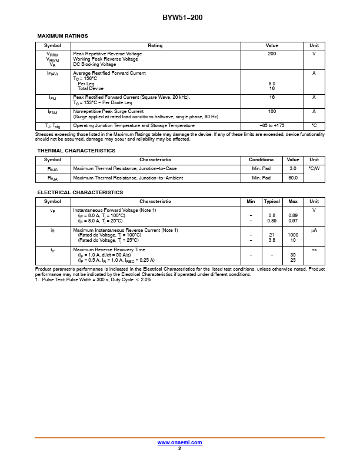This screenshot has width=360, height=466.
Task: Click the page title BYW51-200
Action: point(182,18)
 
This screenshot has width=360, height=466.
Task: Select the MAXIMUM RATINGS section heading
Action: point(62,36)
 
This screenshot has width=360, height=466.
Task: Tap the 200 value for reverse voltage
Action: point(272,54)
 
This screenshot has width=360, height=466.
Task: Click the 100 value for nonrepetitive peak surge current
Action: point(272,111)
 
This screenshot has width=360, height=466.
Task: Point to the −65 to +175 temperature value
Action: point(272,126)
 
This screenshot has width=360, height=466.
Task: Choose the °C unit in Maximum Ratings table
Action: point(314,126)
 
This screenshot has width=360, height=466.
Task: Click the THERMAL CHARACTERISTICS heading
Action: point(76,151)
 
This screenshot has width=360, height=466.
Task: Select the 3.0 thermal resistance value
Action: point(292,169)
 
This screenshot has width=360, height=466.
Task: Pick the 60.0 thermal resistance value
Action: point(292,178)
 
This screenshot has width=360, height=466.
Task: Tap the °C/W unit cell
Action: point(314,169)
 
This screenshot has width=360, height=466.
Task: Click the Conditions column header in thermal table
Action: point(261,160)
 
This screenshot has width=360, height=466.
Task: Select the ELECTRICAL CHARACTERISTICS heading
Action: point(80,192)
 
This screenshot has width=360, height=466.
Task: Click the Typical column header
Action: point(272,202)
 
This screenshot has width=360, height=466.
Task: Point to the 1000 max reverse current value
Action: point(292,235)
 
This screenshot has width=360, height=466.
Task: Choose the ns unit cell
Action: point(314,249)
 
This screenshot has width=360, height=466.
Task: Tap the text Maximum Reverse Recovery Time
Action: point(109,249)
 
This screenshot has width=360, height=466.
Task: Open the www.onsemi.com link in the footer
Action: point(179,442)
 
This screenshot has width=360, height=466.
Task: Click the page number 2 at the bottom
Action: point(179,448)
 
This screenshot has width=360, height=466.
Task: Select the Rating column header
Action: point(155,45)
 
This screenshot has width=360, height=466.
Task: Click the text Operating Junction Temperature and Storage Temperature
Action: point(134,126)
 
